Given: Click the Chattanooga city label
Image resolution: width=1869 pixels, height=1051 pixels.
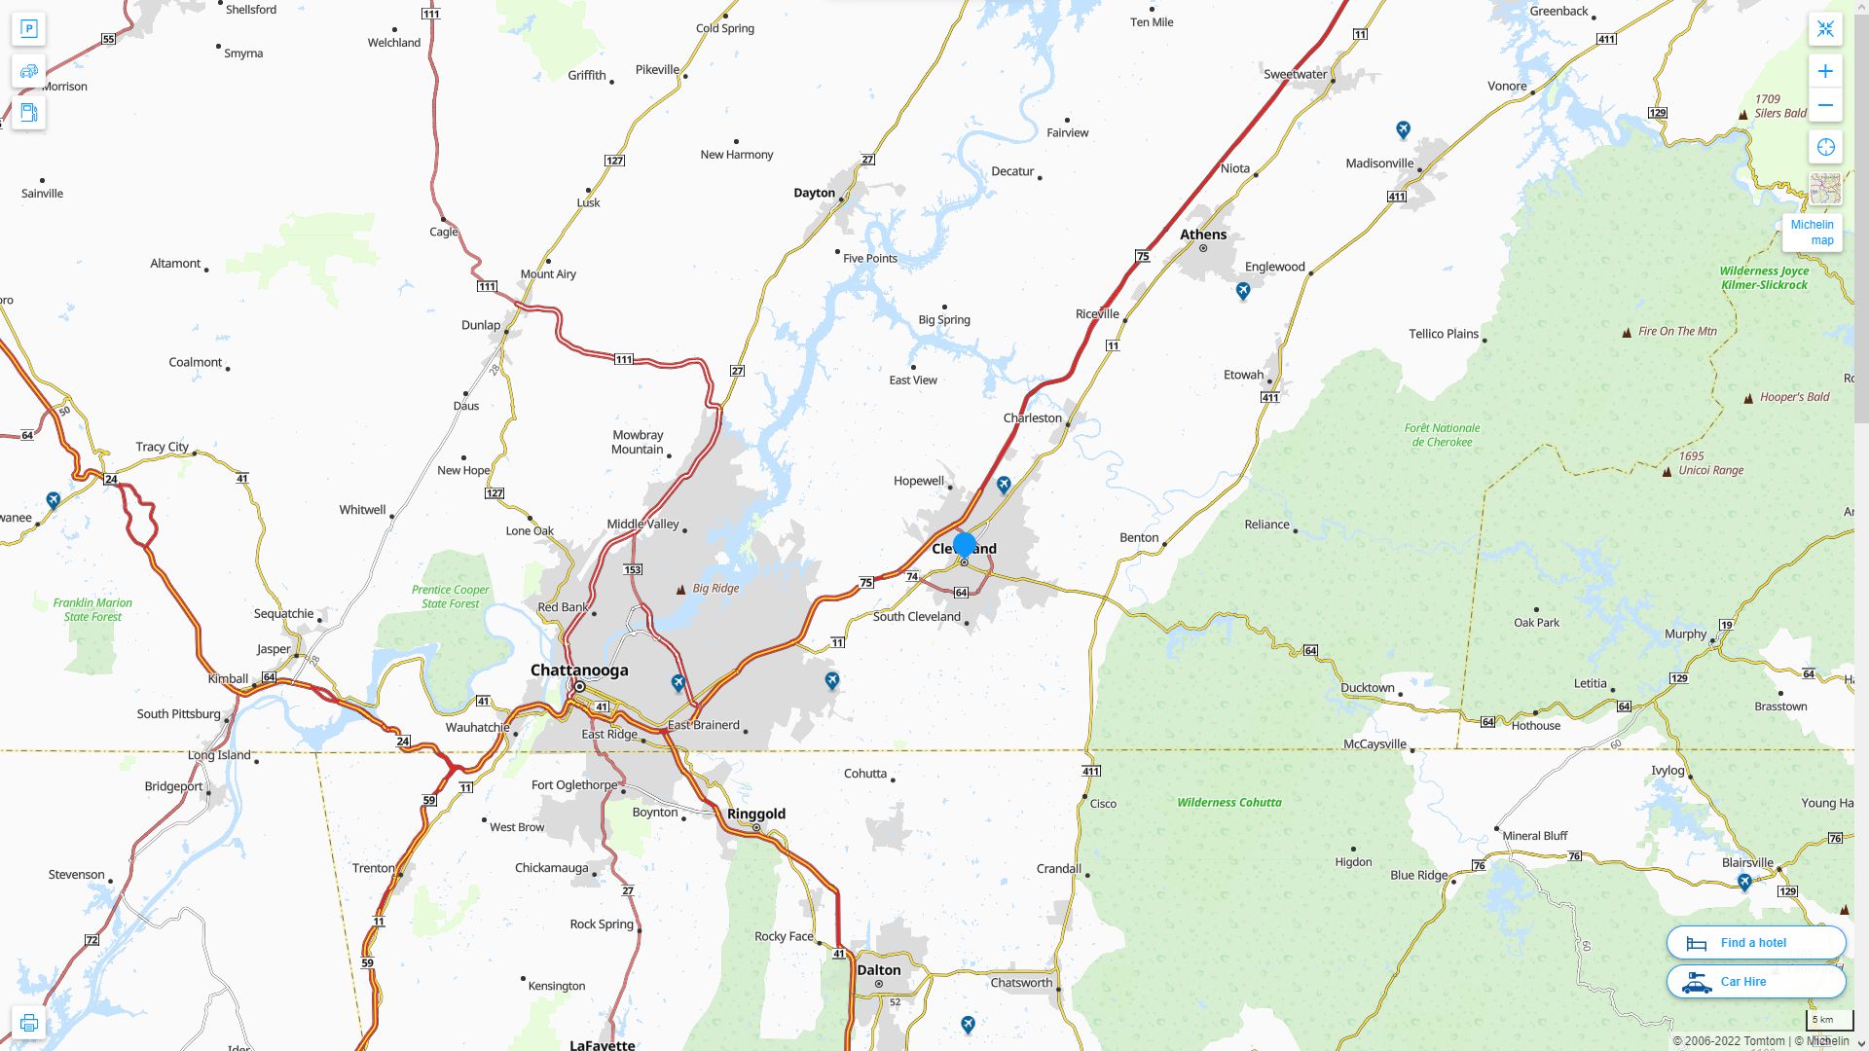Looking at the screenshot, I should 579,670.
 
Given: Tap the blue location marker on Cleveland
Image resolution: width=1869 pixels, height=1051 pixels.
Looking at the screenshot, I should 965,546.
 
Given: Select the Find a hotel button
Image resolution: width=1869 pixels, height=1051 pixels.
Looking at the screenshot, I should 1755,942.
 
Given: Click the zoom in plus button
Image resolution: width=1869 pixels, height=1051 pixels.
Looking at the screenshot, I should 1825,71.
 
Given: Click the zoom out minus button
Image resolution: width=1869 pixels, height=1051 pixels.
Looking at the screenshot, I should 1825,105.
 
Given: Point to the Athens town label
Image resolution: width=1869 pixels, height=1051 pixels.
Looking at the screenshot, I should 1203,235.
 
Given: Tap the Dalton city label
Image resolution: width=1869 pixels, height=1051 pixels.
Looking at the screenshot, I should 878,969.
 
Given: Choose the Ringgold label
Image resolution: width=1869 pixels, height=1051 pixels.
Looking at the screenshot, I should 755,814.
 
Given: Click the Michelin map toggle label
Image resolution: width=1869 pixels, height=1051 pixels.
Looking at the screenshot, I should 1812,233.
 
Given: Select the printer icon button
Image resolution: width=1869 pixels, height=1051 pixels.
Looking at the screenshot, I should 28,1023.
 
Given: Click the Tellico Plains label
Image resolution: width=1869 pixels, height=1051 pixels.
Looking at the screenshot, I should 1443,334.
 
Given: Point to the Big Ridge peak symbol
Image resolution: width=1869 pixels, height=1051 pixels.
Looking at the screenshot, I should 680,590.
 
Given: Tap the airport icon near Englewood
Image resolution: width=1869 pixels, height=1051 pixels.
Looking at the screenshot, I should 1242,291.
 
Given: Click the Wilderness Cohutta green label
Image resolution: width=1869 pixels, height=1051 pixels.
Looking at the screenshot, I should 1228,803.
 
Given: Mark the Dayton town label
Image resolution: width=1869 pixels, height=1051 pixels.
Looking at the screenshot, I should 814,193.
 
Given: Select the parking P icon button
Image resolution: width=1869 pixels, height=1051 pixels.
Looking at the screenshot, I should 28,28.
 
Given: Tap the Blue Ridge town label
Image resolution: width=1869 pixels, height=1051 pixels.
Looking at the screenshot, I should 1418,875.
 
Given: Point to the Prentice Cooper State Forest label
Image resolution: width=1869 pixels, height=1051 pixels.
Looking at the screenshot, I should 450,597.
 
